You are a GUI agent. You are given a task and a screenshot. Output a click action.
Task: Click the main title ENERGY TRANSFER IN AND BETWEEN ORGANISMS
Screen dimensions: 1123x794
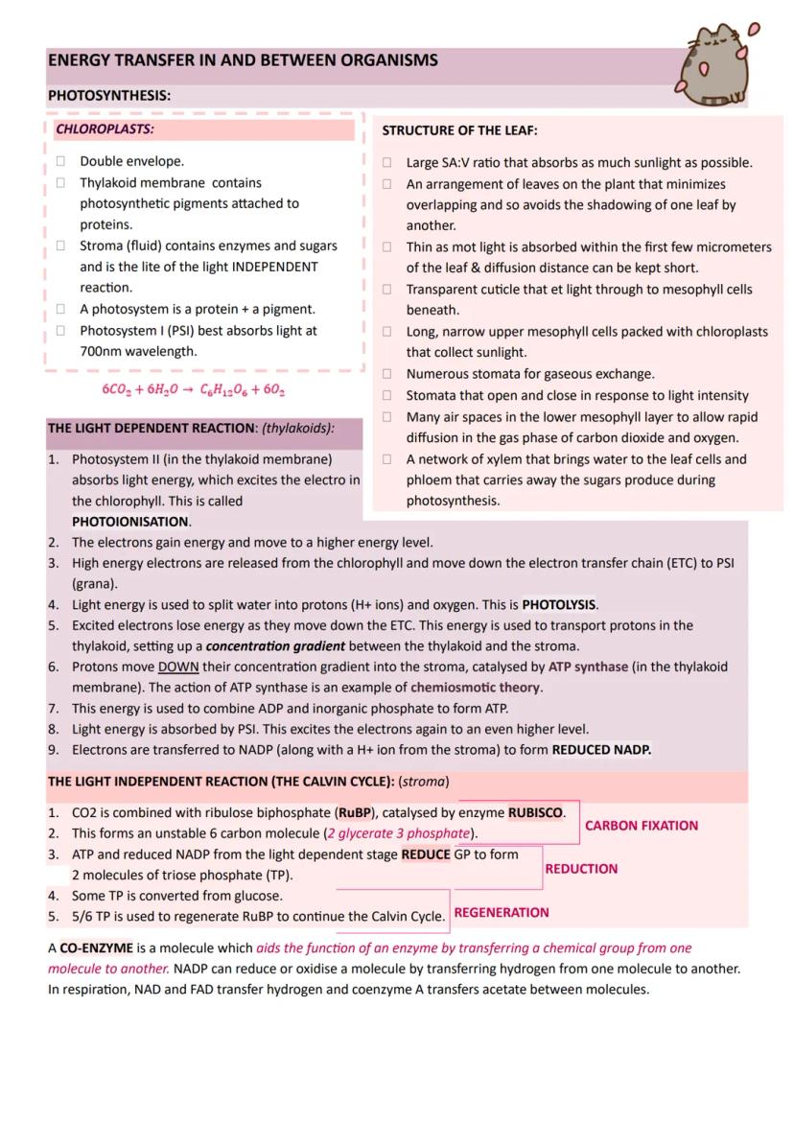click(243, 60)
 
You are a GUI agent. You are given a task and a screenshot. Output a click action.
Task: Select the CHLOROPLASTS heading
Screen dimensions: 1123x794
click(105, 129)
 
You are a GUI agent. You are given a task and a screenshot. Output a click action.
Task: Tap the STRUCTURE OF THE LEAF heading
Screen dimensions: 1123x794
click(459, 130)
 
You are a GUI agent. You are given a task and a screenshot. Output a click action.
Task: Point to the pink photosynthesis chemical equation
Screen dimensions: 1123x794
click(194, 390)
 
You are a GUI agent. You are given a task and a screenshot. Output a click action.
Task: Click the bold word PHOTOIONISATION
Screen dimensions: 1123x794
click(130, 522)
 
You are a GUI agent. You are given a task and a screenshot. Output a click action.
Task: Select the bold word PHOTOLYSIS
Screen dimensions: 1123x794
click(559, 605)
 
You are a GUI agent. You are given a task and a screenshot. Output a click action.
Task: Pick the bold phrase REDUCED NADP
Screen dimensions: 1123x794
click(601, 750)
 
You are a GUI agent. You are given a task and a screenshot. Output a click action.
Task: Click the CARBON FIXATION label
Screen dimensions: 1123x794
click(641, 826)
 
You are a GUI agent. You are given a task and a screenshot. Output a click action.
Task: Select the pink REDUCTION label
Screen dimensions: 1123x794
click(581, 869)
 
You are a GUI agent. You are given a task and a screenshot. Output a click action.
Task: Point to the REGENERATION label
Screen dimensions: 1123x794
click(502, 913)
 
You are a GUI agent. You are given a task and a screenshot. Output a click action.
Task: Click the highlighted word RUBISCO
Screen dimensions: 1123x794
click(535, 813)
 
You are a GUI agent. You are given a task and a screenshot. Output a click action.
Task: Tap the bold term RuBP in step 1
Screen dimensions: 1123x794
click(354, 813)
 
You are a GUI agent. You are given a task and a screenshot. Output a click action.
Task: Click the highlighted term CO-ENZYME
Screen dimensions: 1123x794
click(96, 948)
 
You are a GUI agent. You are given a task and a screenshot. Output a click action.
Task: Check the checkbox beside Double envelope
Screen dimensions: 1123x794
click(60, 161)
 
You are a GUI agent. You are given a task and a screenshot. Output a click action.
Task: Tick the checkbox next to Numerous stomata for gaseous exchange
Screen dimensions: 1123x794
click(387, 374)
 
